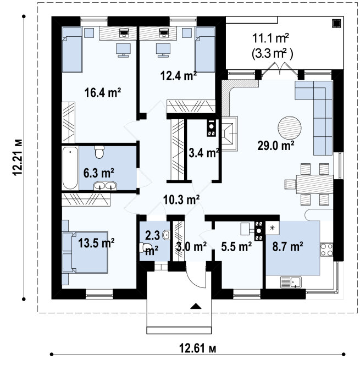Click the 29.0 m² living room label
click(276, 145)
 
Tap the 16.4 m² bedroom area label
click(103, 92)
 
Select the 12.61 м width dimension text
click(197, 348)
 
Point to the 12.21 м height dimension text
click(18, 157)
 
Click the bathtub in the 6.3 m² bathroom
click(70, 168)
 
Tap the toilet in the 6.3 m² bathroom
click(99, 152)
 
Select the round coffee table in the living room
click(290, 128)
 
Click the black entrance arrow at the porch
click(196, 306)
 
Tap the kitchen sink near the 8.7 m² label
click(291, 282)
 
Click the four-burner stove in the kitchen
click(326, 250)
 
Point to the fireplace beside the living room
click(229, 134)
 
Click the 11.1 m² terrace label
click(270, 38)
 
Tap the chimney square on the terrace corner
click(336, 24)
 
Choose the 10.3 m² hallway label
click(181, 200)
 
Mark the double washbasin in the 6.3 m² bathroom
click(105, 186)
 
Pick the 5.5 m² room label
click(236, 247)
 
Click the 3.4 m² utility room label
click(204, 153)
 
